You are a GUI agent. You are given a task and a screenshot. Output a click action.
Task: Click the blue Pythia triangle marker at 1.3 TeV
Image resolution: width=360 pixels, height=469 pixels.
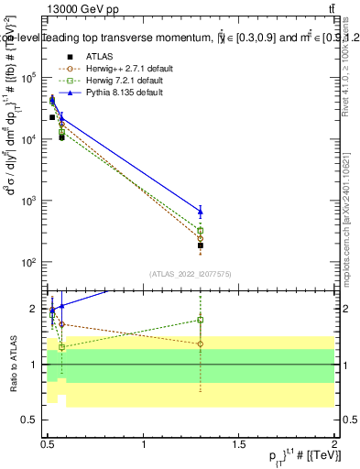(200, 212)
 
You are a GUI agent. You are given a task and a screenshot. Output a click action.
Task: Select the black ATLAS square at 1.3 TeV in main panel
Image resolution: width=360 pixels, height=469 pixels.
(200, 245)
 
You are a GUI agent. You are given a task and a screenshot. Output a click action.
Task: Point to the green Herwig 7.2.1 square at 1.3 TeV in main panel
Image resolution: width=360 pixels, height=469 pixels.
(200, 231)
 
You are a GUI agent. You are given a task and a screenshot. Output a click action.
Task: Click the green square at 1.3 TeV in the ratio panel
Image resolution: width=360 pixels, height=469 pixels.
(200, 320)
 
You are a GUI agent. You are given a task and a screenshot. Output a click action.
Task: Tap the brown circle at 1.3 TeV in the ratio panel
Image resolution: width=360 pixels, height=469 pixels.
(200, 344)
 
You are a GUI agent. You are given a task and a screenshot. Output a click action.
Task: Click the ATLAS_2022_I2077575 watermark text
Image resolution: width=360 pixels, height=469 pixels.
(191, 273)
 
